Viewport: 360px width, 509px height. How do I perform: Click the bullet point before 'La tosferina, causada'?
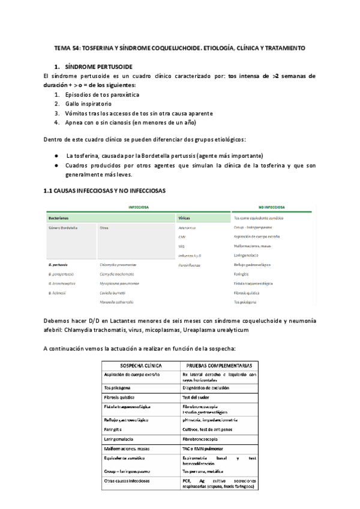(56, 155)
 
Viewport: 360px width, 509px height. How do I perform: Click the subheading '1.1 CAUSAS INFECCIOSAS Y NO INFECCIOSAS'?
(105, 190)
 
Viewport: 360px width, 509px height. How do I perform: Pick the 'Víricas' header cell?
(185, 217)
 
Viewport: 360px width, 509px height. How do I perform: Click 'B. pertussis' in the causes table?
(58, 265)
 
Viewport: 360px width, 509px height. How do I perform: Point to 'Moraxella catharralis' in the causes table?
(117, 302)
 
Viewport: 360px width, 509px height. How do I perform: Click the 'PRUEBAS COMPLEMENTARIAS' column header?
(219, 366)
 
